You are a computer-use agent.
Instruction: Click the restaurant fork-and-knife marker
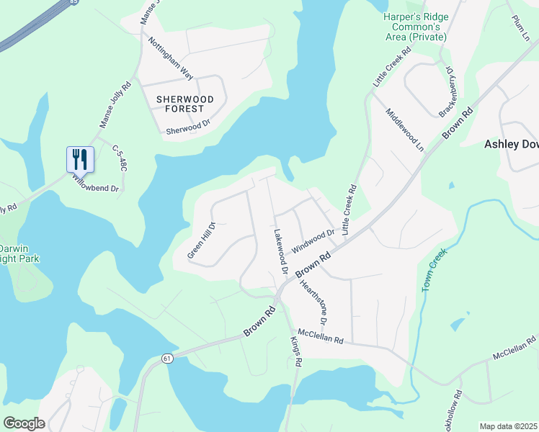(x=81, y=159)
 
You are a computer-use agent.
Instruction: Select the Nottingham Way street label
(x=171, y=58)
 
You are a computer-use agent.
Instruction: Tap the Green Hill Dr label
(x=202, y=239)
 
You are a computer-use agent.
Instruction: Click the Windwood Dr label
(x=313, y=241)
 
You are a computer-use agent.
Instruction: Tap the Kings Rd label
(x=295, y=351)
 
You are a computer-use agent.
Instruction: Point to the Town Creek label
(x=435, y=270)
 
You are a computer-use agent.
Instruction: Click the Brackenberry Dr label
(x=447, y=93)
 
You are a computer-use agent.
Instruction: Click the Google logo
(x=24, y=423)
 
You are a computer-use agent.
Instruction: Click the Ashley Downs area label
(x=511, y=144)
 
